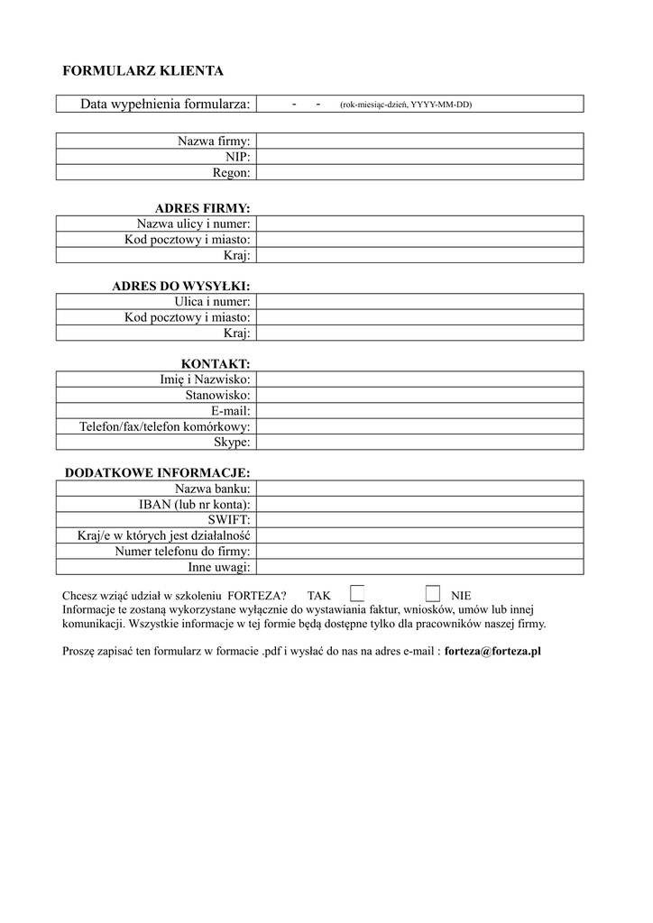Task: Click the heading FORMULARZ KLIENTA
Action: point(142,70)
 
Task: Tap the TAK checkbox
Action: point(357,593)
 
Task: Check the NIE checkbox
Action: point(433,593)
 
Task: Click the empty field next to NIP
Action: point(419,157)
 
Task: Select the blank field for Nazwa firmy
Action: point(419,141)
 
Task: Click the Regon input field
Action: point(419,172)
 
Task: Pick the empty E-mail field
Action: point(419,411)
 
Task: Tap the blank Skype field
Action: point(419,442)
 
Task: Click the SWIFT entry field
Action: point(419,520)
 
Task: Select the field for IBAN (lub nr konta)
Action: point(419,505)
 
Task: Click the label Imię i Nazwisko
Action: point(205,379)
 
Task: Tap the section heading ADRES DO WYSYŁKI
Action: point(180,286)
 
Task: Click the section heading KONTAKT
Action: point(216,363)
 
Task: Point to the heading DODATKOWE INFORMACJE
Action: point(157,472)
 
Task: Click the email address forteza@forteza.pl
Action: point(492,651)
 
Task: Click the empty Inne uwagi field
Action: point(419,567)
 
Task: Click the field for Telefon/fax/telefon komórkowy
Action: point(419,426)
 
